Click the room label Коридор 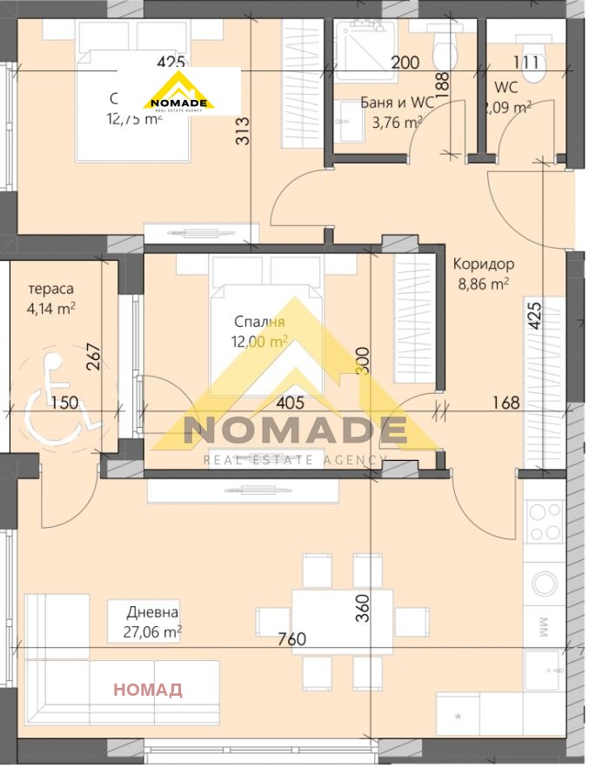(484, 264)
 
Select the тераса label (50, 289)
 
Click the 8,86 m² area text (483, 283)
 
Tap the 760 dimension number (291, 640)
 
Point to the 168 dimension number (505, 403)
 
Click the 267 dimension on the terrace (95, 357)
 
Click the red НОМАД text (149, 691)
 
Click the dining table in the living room (341, 620)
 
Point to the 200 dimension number (405, 63)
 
